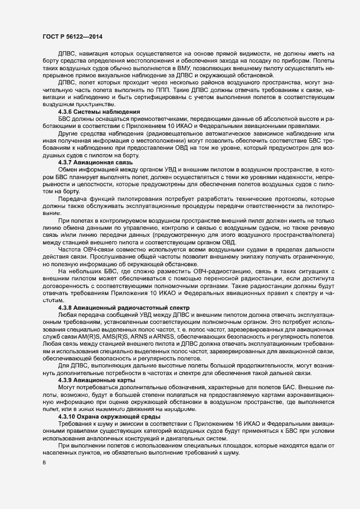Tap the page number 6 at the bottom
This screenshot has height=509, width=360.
pyautogui.click(x=44, y=463)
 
